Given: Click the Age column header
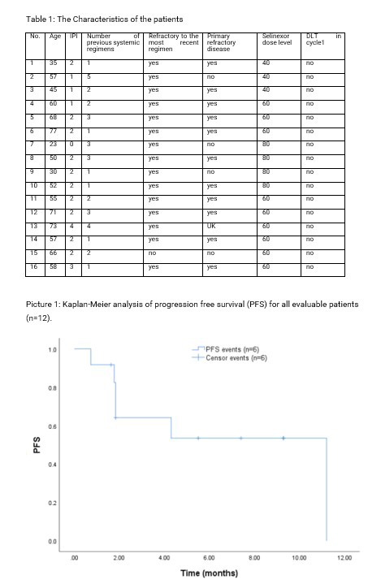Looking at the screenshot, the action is click(54, 37).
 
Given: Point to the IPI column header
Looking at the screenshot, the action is click(73, 37).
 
